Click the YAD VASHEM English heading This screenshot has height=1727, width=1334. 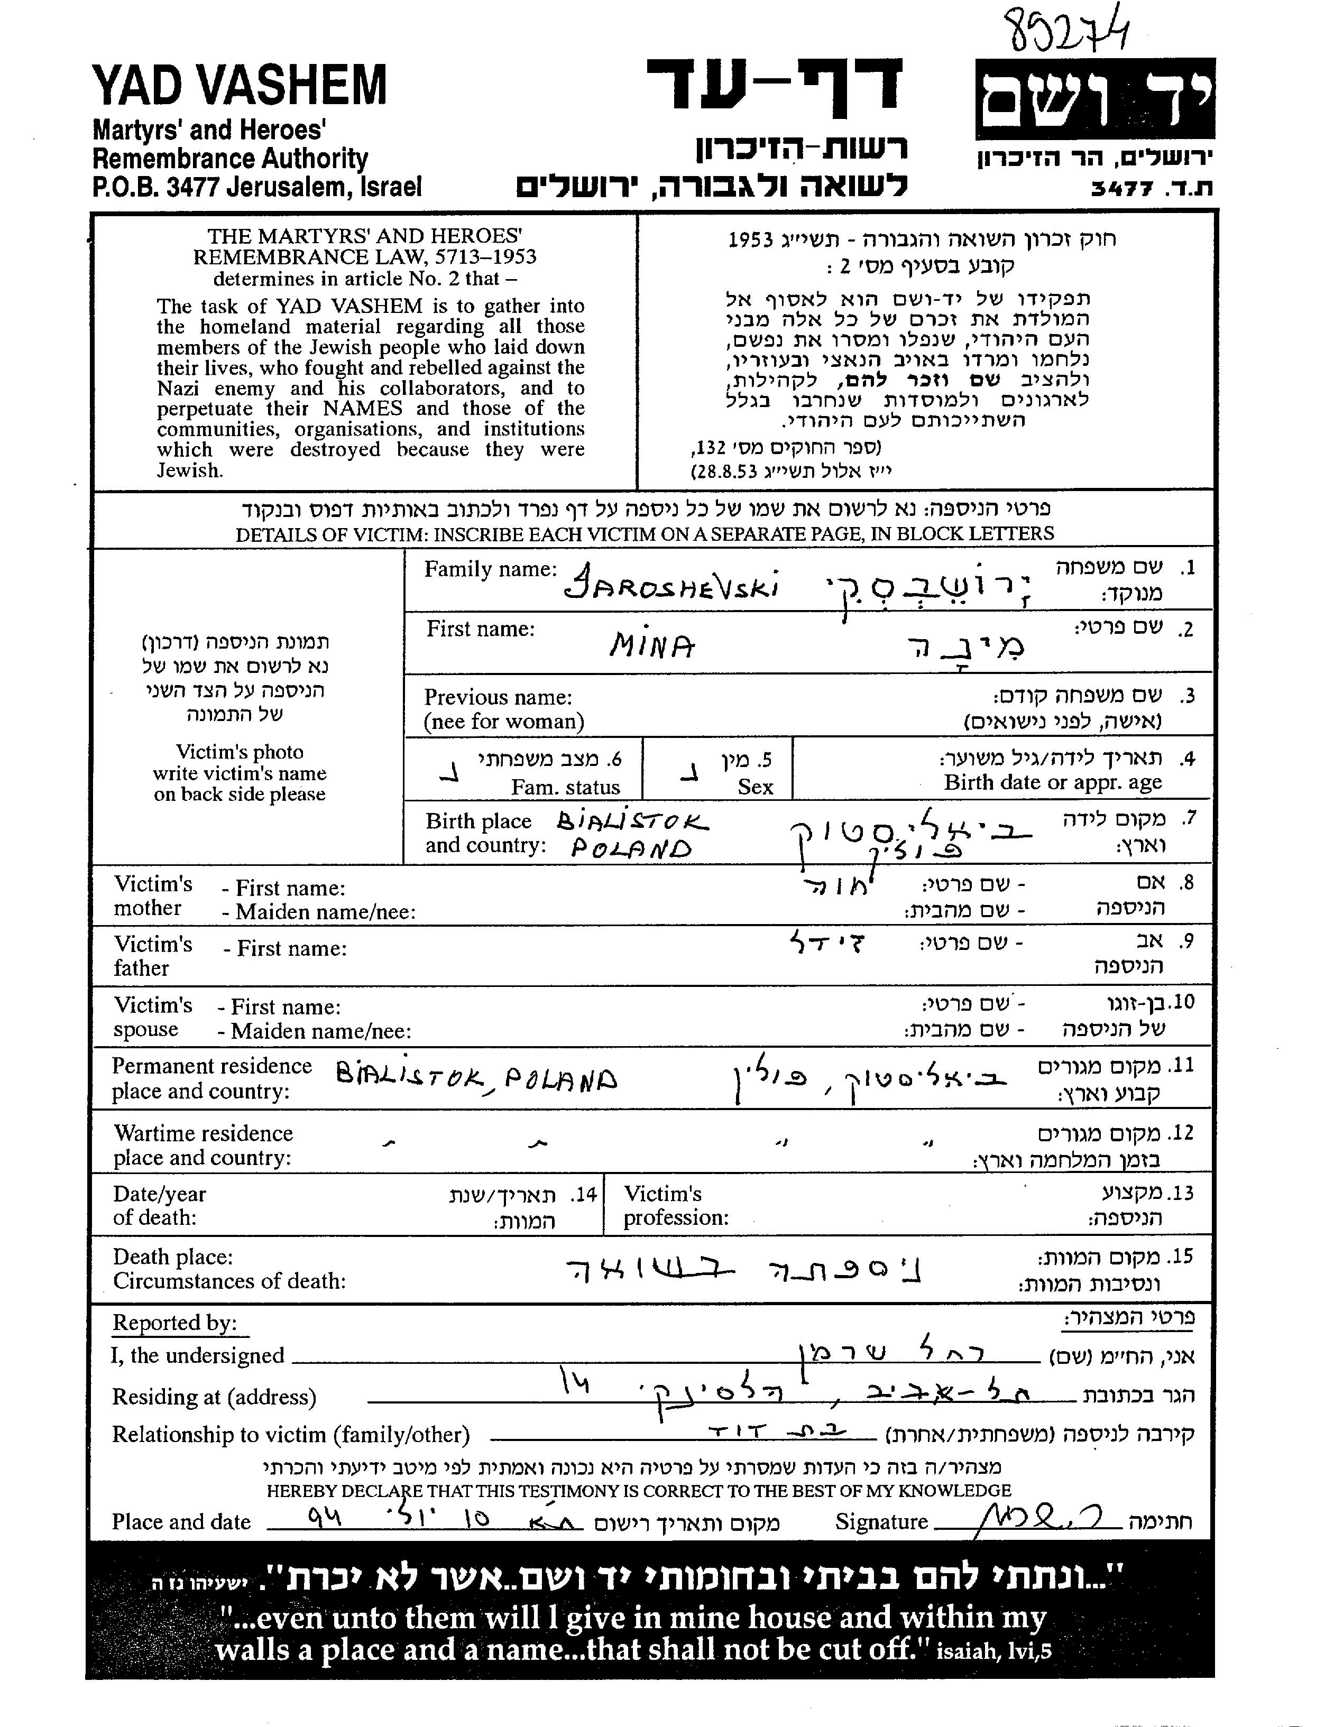(x=240, y=86)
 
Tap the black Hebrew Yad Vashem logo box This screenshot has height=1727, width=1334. (x=1095, y=99)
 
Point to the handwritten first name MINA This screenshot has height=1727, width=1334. (x=652, y=648)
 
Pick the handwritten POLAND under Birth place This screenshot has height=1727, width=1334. (x=630, y=848)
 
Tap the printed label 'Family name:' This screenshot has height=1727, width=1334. (x=490, y=569)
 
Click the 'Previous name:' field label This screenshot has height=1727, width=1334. (x=498, y=697)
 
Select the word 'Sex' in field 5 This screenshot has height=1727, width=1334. (x=755, y=787)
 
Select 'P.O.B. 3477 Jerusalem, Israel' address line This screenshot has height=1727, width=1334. (x=257, y=187)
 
